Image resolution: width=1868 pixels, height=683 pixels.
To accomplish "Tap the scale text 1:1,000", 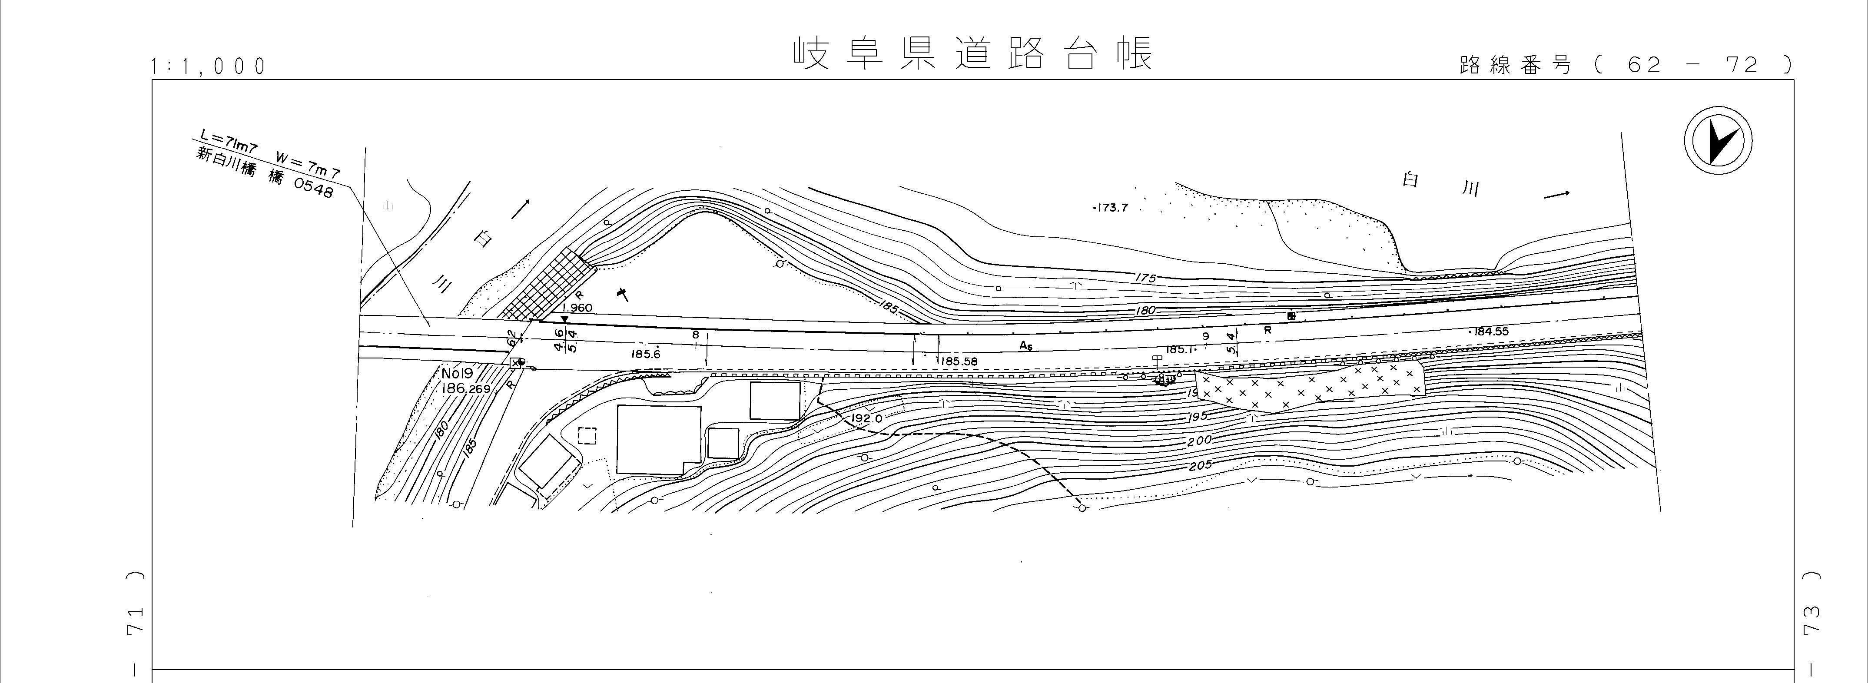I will point(208,67).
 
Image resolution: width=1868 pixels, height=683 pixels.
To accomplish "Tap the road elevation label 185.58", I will point(958,361).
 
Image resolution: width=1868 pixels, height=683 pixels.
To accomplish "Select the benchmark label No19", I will point(457,373).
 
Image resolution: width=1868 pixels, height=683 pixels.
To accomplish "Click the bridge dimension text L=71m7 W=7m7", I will point(268,154).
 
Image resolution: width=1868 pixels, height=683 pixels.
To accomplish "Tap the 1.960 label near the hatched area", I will point(577,308).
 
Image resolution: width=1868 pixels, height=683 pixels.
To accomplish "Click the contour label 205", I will point(1200,465).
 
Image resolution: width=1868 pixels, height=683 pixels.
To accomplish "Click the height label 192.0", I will point(866,418).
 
